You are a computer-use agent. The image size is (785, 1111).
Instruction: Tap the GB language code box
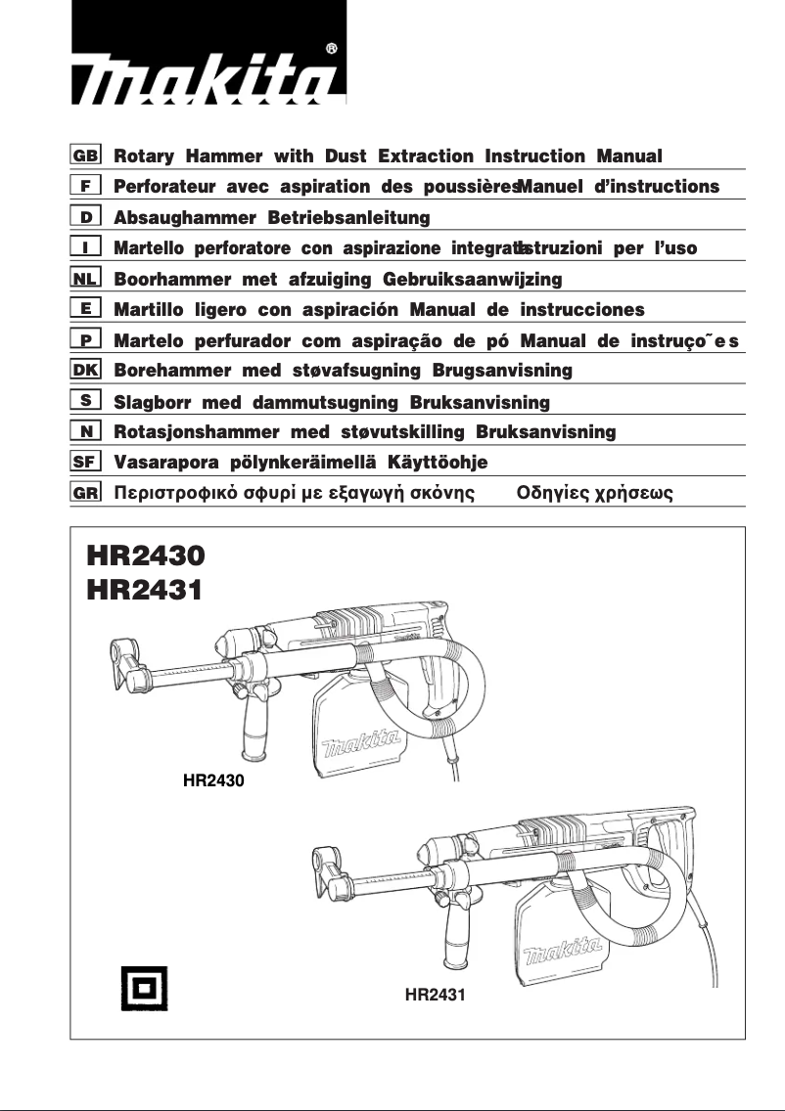[x=86, y=156]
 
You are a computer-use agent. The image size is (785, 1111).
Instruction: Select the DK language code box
[x=86, y=371]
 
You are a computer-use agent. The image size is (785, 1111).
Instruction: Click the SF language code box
[x=86, y=462]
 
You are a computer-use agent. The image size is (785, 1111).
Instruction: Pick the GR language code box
[x=86, y=493]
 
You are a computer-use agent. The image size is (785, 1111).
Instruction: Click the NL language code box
[x=86, y=279]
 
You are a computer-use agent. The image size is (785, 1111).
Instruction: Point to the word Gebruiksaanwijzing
[x=472, y=279]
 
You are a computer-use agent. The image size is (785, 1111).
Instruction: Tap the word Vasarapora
[x=166, y=462]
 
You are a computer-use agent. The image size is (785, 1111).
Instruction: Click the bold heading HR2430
[x=146, y=555]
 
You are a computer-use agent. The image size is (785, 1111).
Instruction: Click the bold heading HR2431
[x=146, y=590]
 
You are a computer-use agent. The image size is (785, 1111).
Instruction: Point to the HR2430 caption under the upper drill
[x=213, y=780]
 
